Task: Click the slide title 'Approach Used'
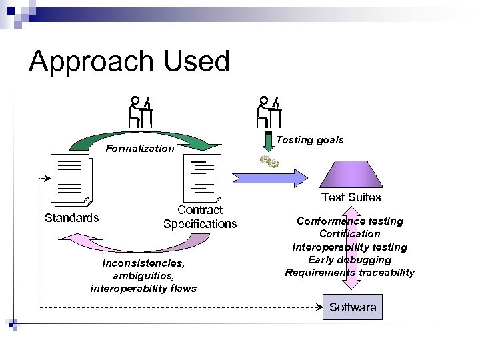point(129,61)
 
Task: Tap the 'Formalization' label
point(141,149)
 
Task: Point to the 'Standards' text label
point(71,217)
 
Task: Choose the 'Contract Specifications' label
point(199,217)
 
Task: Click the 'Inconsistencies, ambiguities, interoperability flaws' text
point(143,275)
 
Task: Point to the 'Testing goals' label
point(310,140)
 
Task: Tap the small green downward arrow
point(269,143)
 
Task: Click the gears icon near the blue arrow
point(270,163)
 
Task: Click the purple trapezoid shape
point(351,175)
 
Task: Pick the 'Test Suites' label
point(351,197)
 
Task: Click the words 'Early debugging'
point(349,259)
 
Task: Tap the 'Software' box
point(353,307)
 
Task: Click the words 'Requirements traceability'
point(349,272)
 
